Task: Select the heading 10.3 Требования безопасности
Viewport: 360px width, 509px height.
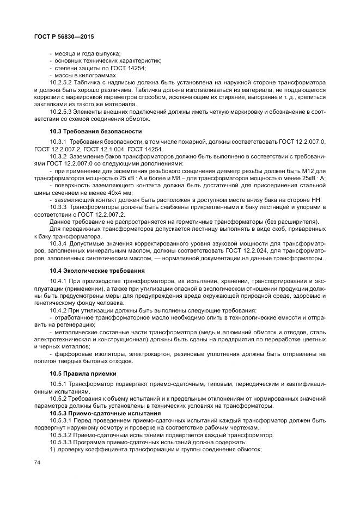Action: [x=88, y=131]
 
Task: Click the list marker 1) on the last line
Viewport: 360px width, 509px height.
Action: [x=52, y=449]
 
